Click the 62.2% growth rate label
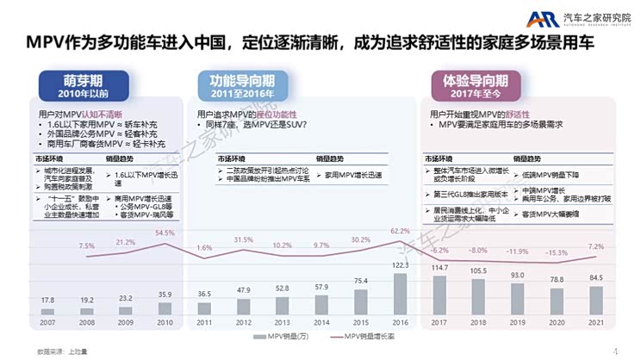(400, 232)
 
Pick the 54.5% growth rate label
(165, 233)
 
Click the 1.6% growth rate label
(203, 248)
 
